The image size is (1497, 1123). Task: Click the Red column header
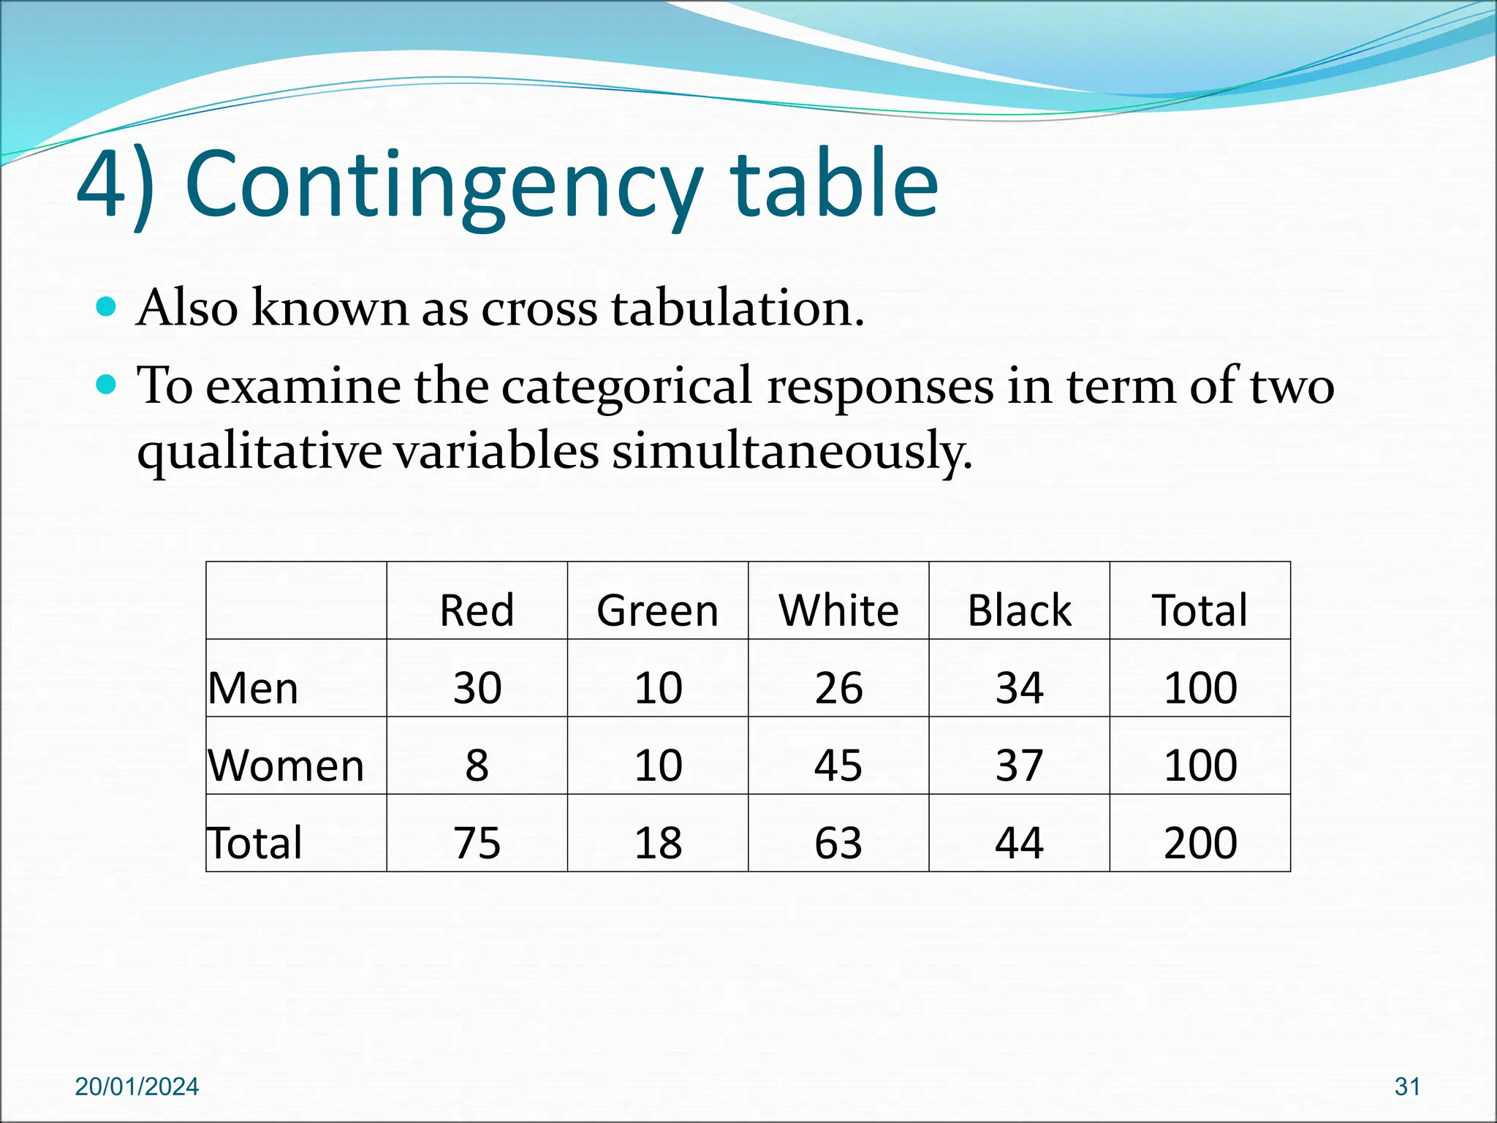(x=477, y=610)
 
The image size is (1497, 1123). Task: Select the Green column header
(x=657, y=610)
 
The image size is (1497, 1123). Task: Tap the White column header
(x=838, y=610)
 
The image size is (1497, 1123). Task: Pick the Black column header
(x=1019, y=610)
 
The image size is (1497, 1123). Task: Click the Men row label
(x=253, y=688)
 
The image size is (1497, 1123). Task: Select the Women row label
(x=286, y=765)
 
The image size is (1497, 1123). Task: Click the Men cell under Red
(x=477, y=688)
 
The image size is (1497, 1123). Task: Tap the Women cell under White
(x=838, y=765)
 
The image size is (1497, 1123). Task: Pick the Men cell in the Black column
(x=1019, y=688)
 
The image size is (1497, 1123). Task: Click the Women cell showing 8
(x=477, y=765)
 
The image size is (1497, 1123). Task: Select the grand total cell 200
(x=1200, y=843)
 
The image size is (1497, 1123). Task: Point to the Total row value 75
(x=477, y=843)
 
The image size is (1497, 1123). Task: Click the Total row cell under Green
(x=657, y=843)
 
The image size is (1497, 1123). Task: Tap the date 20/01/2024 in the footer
(x=137, y=1086)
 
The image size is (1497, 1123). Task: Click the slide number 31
(x=1407, y=1086)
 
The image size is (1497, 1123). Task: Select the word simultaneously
(x=792, y=451)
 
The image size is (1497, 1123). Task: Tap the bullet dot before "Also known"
(x=107, y=306)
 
